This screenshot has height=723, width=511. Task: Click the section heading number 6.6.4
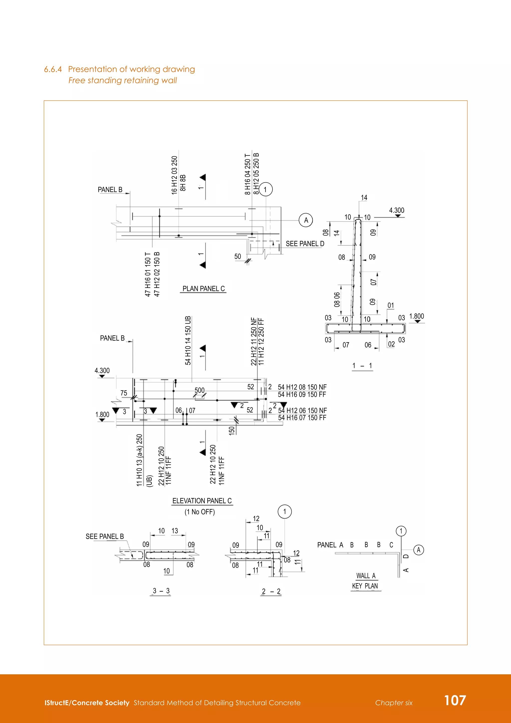[x=53, y=69]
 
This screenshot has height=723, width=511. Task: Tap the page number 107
[x=455, y=700]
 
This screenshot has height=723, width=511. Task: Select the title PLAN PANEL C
[x=203, y=289]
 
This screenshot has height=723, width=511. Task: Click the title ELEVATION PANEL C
[x=202, y=501]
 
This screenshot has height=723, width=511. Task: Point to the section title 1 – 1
[x=362, y=365]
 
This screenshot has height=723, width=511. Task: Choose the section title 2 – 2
[x=271, y=591]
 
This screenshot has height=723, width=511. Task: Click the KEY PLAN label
[x=365, y=586]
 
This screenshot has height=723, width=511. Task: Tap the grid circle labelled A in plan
[x=306, y=220]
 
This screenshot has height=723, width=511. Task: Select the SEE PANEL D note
[x=305, y=244]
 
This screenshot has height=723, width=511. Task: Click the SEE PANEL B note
[x=105, y=536]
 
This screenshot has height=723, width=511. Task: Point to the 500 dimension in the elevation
[x=200, y=390]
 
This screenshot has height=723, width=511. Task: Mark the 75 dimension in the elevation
[x=124, y=393]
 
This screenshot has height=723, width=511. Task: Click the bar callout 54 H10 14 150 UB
[x=188, y=340]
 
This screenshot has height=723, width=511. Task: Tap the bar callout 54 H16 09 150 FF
[x=302, y=394]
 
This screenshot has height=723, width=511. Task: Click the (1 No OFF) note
[x=200, y=512]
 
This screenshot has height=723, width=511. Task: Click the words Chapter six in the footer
[x=394, y=703]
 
